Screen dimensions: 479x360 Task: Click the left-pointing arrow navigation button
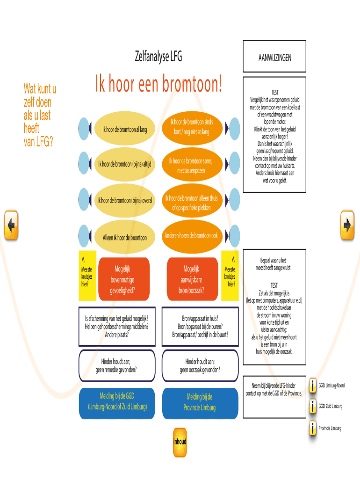[11, 225]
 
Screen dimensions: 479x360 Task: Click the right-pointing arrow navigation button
[347, 225]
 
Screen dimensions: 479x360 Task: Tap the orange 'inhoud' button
[180, 442]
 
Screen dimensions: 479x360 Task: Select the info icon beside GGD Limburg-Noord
[312, 385]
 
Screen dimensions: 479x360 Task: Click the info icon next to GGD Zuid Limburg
[312, 406]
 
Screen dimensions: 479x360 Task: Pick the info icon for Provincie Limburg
[312, 428]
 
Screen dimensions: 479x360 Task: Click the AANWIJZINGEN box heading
[274, 57]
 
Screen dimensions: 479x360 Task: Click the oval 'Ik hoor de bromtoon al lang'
[121, 129]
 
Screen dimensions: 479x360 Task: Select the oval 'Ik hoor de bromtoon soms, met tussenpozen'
[190, 165]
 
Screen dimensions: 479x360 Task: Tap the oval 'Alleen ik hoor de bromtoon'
[124, 237]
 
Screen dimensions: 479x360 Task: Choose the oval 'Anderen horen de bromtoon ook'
[191, 235]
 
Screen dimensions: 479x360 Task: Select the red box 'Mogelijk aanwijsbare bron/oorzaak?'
[191, 279]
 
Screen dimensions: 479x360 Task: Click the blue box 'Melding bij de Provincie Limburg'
[199, 402]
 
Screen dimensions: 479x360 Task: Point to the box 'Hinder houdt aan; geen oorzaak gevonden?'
[200, 365]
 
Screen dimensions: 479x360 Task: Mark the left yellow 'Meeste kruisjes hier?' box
[87, 276]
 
